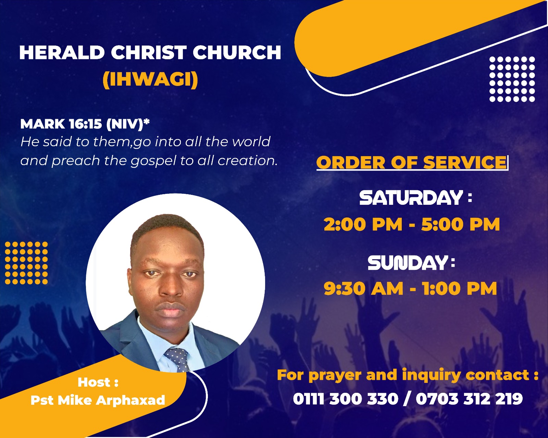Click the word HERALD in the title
[62, 52]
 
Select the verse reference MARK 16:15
[61, 124]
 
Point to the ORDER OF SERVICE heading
[411, 162]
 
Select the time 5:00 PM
[460, 224]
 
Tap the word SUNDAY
[408, 263]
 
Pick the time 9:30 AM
[363, 289]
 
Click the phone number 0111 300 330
[346, 399]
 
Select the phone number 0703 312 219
[469, 399]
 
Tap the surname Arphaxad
[130, 400]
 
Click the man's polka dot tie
[177, 359]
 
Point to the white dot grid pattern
[512, 79]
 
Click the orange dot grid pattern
[26, 263]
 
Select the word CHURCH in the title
[237, 52]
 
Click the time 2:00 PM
[363, 224]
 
